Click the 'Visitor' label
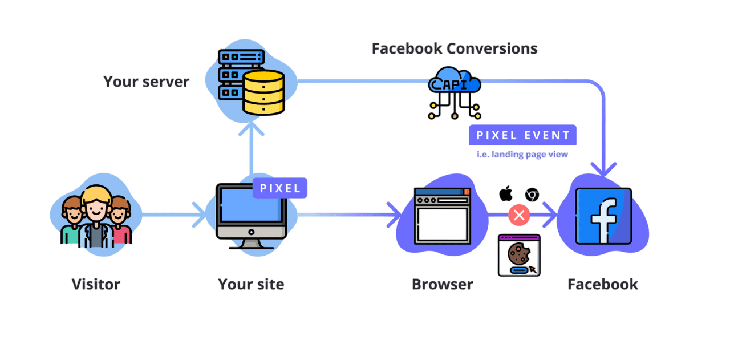[96, 284]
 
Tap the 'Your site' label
[251, 284]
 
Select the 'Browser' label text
[443, 284]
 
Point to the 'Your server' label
[146, 82]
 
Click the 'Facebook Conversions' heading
[455, 48]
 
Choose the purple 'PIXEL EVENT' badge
[522, 135]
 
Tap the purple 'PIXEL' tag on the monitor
[280, 188]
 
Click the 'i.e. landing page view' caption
[522, 154]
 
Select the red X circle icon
[519, 215]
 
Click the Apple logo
[506, 194]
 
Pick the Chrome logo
[532, 195]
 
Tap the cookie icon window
[519, 255]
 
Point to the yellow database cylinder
[263, 92]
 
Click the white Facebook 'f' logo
[603, 217]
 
